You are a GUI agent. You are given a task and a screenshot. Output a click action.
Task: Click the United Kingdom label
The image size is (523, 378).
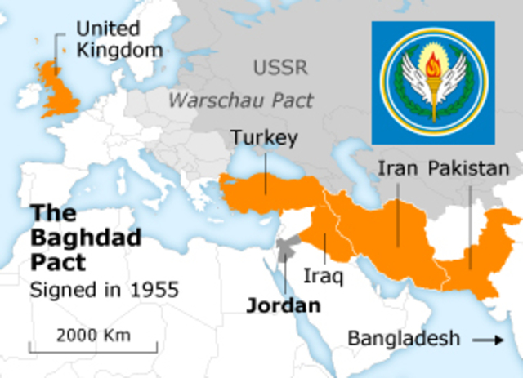[118, 39]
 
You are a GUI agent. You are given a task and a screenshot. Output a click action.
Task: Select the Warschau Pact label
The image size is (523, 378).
[241, 100]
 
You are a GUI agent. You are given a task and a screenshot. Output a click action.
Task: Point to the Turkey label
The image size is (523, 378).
[263, 138]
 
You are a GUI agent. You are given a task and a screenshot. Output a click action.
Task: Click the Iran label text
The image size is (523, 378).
[398, 169]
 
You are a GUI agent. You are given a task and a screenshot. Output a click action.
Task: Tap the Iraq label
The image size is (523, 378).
[324, 273]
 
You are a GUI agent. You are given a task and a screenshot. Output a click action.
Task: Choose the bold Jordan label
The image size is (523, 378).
[284, 306]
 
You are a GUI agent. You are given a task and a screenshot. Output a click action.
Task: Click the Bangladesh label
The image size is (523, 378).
[404, 338]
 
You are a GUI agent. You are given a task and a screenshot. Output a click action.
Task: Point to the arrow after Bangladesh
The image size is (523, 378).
[489, 339]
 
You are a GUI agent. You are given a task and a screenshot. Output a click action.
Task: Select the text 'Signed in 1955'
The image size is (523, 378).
[104, 289]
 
